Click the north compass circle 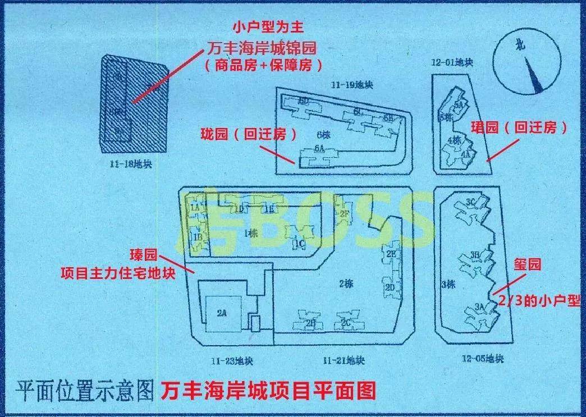[x=528, y=62]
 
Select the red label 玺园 [x=527, y=264]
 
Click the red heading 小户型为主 [x=263, y=27]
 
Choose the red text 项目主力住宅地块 [x=126, y=273]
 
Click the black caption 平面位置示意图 [x=84, y=390]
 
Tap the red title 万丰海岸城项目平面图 [x=267, y=390]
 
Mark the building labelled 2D [x=391, y=287]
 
